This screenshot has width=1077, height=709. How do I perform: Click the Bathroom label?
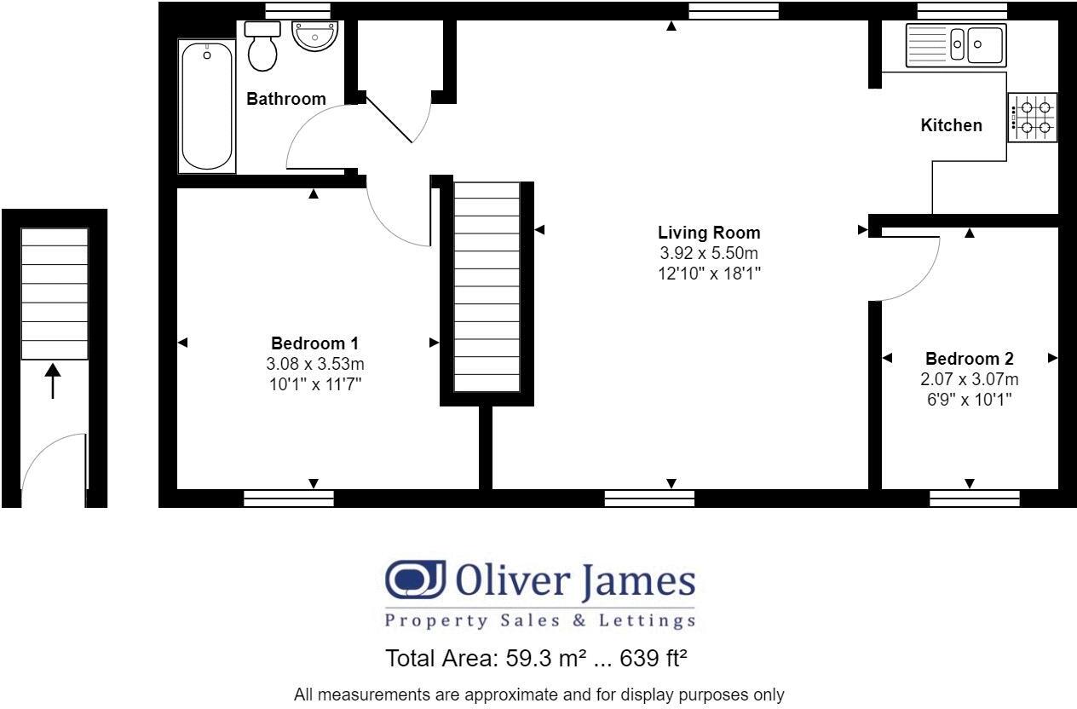pyautogui.click(x=286, y=99)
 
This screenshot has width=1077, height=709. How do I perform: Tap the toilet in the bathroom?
pyautogui.click(x=262, y=46)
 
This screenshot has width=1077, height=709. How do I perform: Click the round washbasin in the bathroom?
pyautogui.click(x=315, y=36)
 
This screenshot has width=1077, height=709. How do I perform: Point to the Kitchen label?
pyautogui.click(x=951, y=125)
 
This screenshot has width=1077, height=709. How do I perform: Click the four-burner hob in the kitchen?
pyautogui.click(x=1033, y=118)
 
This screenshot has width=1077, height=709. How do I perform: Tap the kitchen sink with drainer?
pyautogui.click(x=956, y=45)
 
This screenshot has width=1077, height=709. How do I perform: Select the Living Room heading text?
pyautogui.click(x=709, y=233)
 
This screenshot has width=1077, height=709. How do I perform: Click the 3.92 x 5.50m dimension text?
pyautogui.click(x=709, y=253)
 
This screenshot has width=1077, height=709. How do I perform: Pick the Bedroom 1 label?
pyautogui.click(x=315, y=343)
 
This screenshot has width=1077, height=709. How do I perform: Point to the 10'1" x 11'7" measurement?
pyautogui.click(x=315, y=384)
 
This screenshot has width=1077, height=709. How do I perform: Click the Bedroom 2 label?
pyautogui.click(x=970, y=359)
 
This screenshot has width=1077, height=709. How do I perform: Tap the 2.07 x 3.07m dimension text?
pyautogui.click(x=970, y=379)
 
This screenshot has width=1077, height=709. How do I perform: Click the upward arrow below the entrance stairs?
pyautogui.click(x=53, y=381)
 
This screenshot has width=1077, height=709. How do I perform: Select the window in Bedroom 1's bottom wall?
pyautogui.click(x=289, y=499)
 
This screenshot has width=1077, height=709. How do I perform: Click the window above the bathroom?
pyautogui.click(x=298, y=10)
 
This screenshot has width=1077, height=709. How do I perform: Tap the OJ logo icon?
pyautogui.click(x=415, y=579)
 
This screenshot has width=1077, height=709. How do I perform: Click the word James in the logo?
pyautogui.click(x=638, y=582)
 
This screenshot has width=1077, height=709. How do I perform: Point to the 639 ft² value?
pyautogui.click(x=654, y=658)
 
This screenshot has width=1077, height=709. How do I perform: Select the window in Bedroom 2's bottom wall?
pyautogui.click(x=975, y=499)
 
